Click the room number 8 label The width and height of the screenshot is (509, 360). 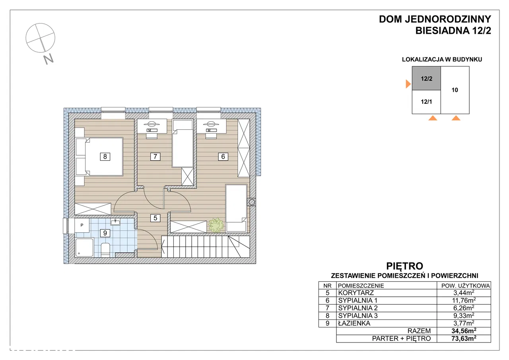[105, 157]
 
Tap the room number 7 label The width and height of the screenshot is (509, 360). [155, 157]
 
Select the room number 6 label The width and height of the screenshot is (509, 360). [223, 157]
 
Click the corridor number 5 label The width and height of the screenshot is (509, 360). [155, 218]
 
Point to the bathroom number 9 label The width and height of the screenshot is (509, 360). [105, 233]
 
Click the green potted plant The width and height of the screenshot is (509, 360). [216, 225]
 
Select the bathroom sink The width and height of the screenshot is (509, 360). [115, 222]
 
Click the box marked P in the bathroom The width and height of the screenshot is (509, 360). [82, 225]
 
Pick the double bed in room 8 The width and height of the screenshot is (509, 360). [99, 156]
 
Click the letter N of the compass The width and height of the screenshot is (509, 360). [49, 59]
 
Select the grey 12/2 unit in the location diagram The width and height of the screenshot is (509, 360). [427, 78]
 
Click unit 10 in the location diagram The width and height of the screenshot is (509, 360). [455, 90]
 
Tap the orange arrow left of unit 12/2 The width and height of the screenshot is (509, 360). [408, 84]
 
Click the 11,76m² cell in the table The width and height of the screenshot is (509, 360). [464, 300]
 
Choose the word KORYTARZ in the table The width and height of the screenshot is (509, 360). [356, 293]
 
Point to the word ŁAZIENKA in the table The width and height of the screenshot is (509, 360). [354, 323]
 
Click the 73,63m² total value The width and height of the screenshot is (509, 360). [464, 339]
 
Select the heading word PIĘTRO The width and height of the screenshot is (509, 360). [405, 266]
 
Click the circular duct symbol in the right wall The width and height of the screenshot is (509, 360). [252, 202]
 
